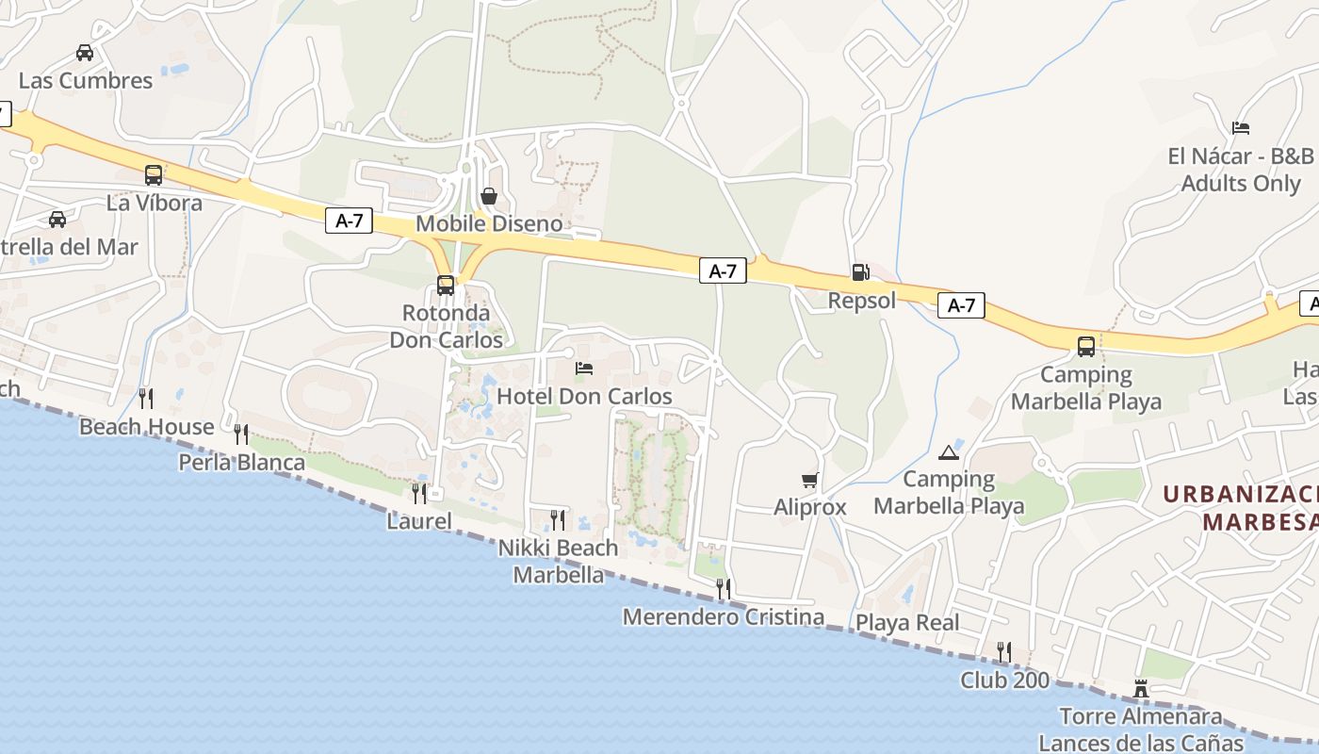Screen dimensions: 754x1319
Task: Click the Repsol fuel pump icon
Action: pos(860,272)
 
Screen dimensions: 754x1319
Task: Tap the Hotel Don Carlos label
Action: pos(584,396)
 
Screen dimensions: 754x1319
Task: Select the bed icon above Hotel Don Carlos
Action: pos(584,368)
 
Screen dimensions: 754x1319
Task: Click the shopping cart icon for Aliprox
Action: pos(809,480)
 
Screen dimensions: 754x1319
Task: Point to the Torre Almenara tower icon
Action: pos(1141,689)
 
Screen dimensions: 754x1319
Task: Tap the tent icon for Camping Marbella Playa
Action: pos(948,452)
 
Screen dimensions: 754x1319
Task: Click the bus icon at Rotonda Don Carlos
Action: pos(446,285)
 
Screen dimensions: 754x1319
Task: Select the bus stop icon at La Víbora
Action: pos(154,174)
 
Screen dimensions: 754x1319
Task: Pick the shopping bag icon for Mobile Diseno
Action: pos(489,196)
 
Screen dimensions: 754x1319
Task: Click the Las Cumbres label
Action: pos(86,81)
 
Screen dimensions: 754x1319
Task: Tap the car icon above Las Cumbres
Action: pos(85,53)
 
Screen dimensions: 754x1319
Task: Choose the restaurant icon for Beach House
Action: pos(146,399)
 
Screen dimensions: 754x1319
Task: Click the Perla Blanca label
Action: pos(242,463)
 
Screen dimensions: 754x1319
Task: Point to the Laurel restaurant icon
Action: pos(419,493)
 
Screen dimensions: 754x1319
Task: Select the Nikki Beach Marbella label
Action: pos(559,561)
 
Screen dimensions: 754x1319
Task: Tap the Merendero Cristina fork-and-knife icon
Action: pos(724,589)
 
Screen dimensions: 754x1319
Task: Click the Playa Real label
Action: pos(907,623)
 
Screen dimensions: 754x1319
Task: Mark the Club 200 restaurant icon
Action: pos(1004,652)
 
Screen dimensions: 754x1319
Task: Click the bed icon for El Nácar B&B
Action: pos(1241,128)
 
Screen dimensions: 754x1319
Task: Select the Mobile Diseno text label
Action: pos(489,224)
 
